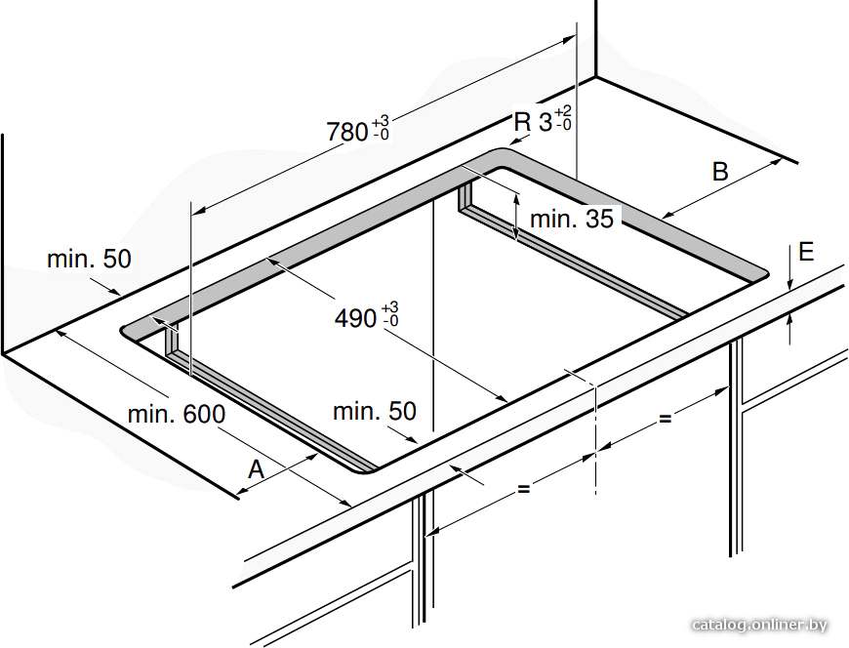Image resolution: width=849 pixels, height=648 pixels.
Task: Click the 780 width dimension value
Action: tap(348, 132)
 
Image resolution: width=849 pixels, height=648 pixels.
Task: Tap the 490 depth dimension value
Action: tap(356, 318)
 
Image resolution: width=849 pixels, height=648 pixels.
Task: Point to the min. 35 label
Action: tap(572, 219)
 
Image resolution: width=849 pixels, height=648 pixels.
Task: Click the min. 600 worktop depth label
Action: tap(177, 415)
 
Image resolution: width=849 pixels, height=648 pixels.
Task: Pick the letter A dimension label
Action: tap(256, 468)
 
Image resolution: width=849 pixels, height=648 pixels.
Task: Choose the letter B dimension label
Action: tap(720, 172)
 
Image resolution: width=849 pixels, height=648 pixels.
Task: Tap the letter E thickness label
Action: tap(806, 252)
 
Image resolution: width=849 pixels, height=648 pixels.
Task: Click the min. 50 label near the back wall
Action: tap(90, 259)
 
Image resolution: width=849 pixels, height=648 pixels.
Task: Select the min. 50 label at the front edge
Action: tap(375, 412)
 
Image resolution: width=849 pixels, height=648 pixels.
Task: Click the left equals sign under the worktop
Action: tap(523, 488)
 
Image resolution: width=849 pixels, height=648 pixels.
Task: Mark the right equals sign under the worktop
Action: tap(665, 418)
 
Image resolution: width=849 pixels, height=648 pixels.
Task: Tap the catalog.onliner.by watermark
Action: tap(759, 626)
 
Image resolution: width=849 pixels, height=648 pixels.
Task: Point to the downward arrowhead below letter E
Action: tap(790, 283)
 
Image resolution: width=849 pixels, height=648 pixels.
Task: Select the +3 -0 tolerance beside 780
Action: tap(381, 127)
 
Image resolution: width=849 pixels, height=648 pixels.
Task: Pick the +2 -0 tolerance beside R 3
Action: tap(563, 117)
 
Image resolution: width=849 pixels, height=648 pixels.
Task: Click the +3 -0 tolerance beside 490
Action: tap(389, 314)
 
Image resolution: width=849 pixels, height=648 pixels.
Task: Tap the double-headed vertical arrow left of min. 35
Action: tap(516, 216)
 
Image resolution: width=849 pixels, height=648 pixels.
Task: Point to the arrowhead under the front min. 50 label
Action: tap(411, 439)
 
